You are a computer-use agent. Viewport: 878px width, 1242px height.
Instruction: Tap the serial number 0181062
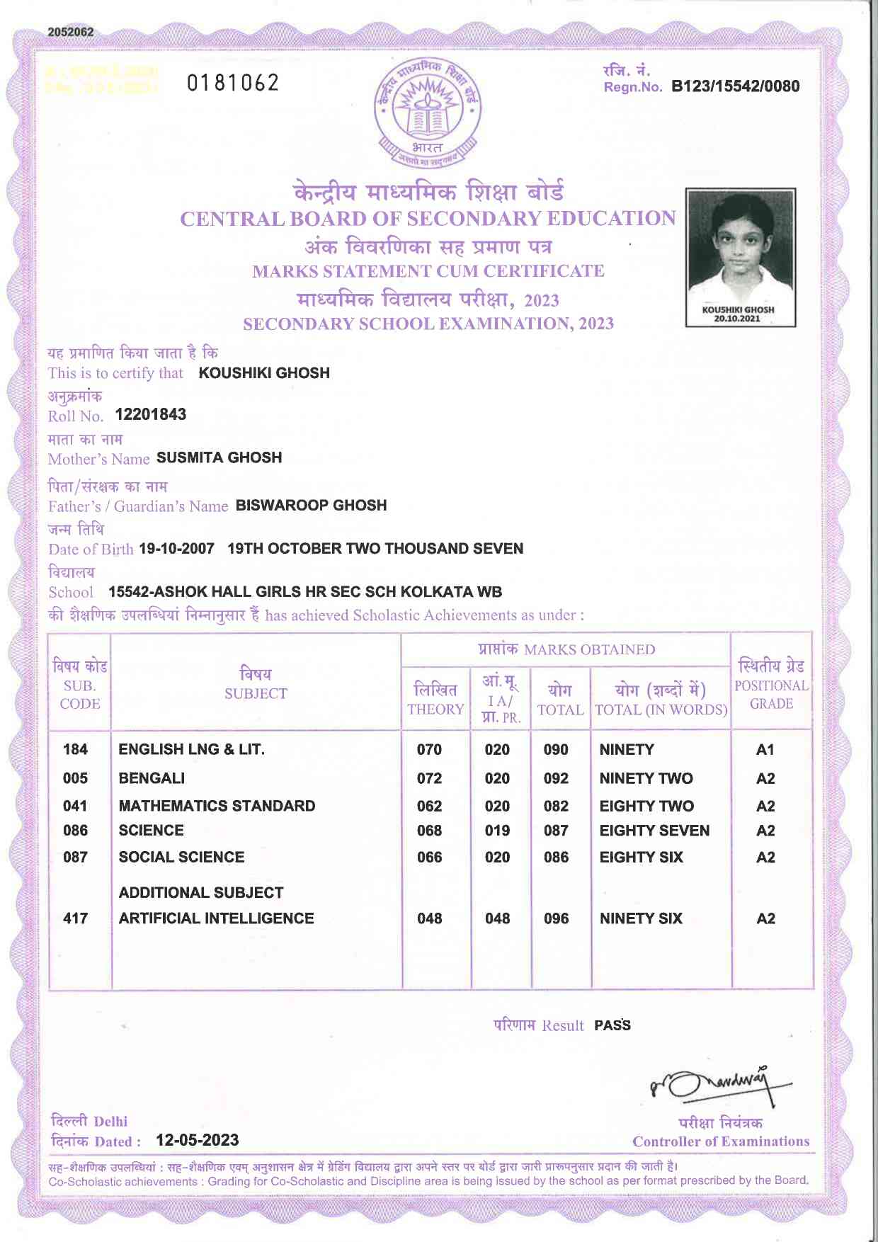coord(233,84)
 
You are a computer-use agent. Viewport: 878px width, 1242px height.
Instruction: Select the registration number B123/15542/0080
coord(735,86)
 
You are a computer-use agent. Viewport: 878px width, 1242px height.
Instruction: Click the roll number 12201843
coord(151,414)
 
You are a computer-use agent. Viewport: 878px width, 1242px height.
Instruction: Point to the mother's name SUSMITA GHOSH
coord(219,457)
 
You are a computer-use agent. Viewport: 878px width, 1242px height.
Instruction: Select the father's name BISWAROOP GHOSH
coord(311,505)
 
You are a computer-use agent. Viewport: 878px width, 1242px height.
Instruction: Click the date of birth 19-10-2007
coord(176,549)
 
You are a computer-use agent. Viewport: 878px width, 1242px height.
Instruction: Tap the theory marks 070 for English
coord(429,749)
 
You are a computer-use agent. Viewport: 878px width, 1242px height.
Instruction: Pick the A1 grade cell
coord(765,749)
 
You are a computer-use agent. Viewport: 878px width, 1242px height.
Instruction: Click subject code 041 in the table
coord(75,806)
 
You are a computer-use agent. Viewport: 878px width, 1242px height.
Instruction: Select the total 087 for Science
coord(556,831)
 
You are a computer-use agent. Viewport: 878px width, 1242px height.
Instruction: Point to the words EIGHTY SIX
coord(641,858)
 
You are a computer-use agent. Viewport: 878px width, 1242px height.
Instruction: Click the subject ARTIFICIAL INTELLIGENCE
coord(216,918)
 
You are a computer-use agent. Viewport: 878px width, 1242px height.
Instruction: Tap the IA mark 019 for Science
coord(497,831)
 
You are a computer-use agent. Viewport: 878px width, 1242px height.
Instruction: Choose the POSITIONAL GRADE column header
coord(771,685)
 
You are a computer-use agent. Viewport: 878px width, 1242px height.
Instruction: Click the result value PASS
coord(612,1025)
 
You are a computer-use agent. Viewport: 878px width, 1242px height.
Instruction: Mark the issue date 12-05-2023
coord(198,1140)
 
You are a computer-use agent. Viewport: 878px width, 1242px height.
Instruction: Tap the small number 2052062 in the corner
coord(71,32)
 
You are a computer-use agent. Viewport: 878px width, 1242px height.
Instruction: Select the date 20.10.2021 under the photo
coord(737,319)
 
